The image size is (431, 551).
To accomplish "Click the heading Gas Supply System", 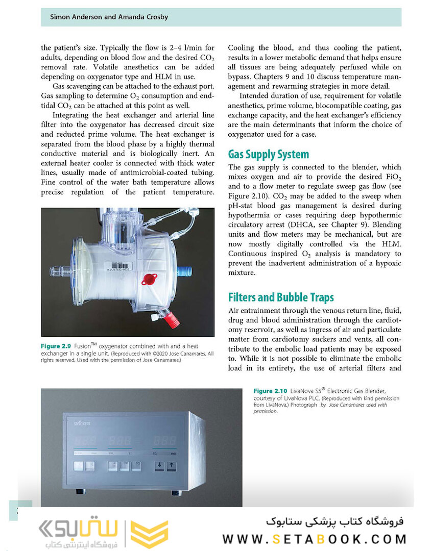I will (x=268, y=154).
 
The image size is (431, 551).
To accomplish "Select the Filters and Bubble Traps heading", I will (x=281, y=297).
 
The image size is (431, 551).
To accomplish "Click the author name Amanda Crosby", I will (x=144, y=17).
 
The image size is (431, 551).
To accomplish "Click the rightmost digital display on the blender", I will (x=165, y=440).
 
